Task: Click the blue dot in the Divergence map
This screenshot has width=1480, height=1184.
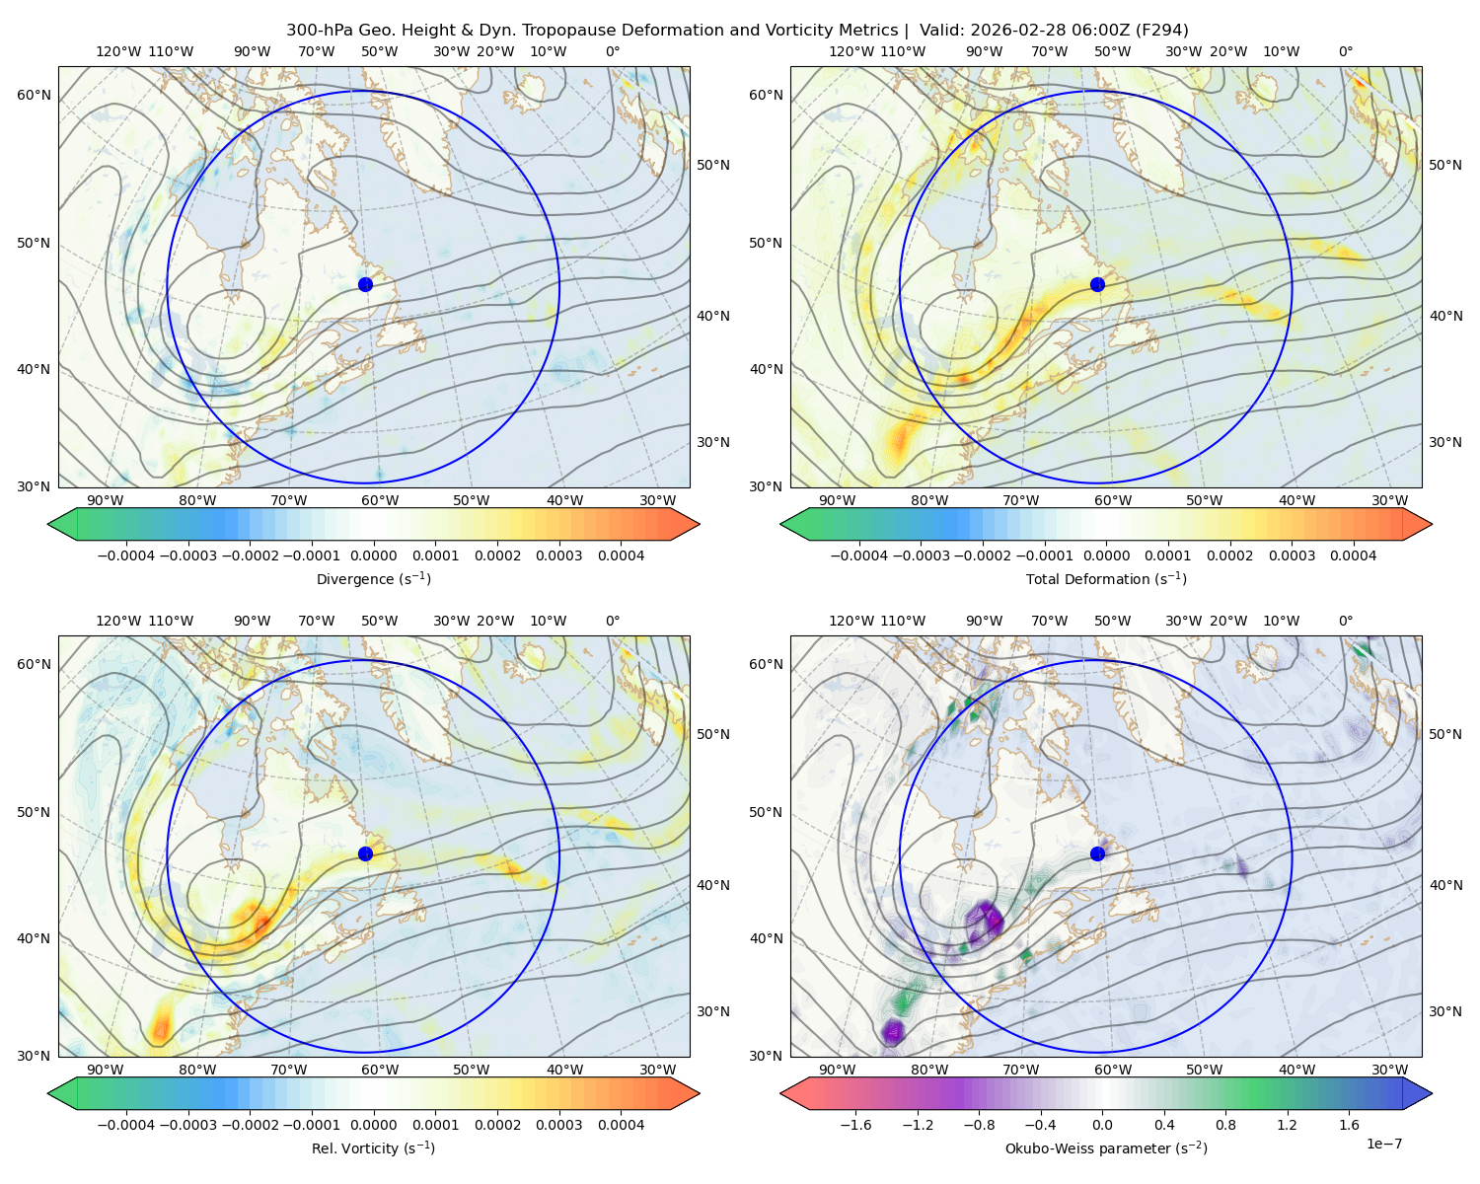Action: tap(365, 284)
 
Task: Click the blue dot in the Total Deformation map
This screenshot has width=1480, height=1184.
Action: tap(1097, 284)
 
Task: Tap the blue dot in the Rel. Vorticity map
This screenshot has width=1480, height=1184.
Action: tap(365, 853)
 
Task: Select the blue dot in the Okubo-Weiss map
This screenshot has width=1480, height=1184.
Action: tap(1097, 853)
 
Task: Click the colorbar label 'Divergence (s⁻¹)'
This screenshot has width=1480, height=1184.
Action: tap(373, 578)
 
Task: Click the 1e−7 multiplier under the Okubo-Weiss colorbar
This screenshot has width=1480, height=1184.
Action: tap(1383, 1145)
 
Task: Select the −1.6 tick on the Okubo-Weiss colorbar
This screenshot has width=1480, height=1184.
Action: tap(855, 1125)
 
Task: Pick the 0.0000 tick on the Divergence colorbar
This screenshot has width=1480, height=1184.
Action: tap(373, 555)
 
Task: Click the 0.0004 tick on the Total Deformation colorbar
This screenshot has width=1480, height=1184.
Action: tap(1353, 555)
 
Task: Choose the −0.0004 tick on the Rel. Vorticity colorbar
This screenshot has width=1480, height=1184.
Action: tap(126, 1125)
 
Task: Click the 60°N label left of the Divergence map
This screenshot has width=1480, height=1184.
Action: tap(34, 95)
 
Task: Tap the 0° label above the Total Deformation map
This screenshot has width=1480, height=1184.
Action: tap(1345, 51)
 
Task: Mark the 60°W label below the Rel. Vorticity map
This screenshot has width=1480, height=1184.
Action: tap(380, 1070)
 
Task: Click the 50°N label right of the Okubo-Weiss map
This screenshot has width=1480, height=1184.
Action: tap(1445, 734)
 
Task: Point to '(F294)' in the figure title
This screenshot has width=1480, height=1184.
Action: tap(1162, 31)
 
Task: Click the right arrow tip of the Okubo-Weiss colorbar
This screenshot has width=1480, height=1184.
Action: tap(1432, 1093)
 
